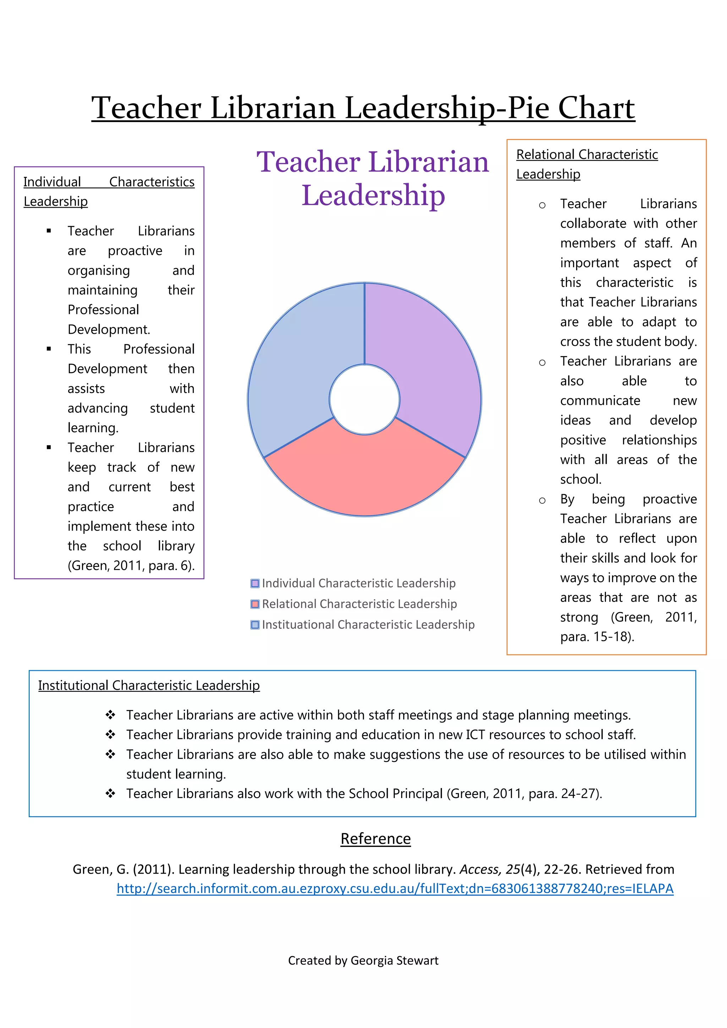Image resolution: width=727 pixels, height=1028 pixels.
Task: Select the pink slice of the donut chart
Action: tap(365, 475)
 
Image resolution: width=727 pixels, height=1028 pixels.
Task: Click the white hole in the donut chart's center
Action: tap(365, 399)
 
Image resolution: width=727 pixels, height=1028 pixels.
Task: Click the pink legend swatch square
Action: tap(255, 604)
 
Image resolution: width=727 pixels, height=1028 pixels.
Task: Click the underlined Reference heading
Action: tap(376, 838)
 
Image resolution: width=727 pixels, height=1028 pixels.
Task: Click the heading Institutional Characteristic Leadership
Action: tap(149, 685)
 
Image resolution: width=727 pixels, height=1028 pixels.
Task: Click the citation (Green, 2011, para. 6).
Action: tap(131, 565)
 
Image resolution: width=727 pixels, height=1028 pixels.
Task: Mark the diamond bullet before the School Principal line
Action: tap(110, 793)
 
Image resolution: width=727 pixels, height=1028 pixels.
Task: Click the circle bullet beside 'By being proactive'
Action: tap(542, 500)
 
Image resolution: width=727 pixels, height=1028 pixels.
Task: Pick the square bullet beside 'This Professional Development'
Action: tap(49, 349)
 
